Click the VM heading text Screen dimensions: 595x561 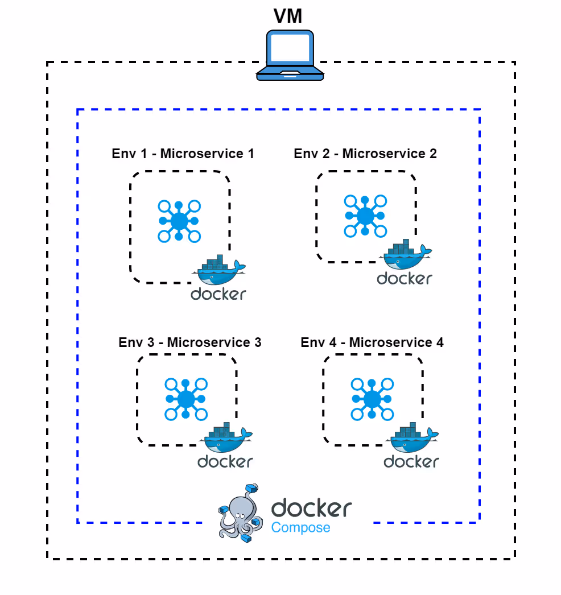[x=288, y=16]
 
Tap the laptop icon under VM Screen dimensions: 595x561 [x=290, y=56]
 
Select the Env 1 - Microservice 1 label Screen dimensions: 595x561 [x=183, y=154]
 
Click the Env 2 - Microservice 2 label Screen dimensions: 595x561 [x=365, y=154]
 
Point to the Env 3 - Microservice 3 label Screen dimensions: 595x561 [x=190, y=342]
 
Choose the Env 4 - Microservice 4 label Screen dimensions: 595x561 [x=372, y=342]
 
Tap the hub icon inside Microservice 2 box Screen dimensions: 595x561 [x=365, y=216]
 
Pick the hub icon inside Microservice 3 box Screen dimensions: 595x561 [x=186, y=399]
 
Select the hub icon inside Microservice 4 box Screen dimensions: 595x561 [x=372, y=399]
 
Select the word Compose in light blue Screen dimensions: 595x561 [x=300, y=528]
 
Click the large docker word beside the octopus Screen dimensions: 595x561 [x=311, y=507]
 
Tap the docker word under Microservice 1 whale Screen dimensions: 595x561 [x=218, y=294]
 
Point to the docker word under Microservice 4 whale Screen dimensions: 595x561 [x=411, y=461]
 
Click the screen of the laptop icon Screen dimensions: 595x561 [x=290, y=48]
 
